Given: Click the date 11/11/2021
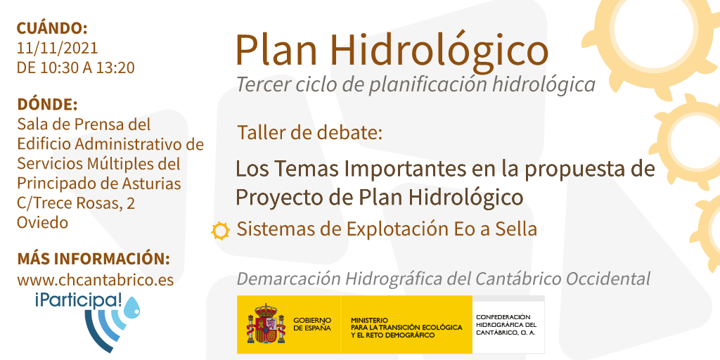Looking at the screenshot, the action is [x=58, y=48].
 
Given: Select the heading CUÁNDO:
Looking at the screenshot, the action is [x=52, y=28].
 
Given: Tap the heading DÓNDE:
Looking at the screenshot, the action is [x=47, y=104].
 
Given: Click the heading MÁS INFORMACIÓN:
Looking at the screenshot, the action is [x=94, y=259].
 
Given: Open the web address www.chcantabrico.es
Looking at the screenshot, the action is [x=96, y=280].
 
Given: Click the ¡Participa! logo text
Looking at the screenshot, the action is [x=79, y=301].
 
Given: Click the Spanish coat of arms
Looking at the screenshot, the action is [x=266, y=323].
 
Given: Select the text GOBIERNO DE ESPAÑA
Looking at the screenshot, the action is [x=312, y=324].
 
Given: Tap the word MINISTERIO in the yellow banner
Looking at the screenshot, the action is [x=369, y=320].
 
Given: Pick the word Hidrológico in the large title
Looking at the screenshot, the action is [x=439, y=50].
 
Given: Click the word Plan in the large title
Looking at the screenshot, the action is [x=275, y=51].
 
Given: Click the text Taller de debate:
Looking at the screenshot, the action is [x=310, y=133].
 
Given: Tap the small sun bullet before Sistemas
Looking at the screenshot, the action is [x=220, y=231].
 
